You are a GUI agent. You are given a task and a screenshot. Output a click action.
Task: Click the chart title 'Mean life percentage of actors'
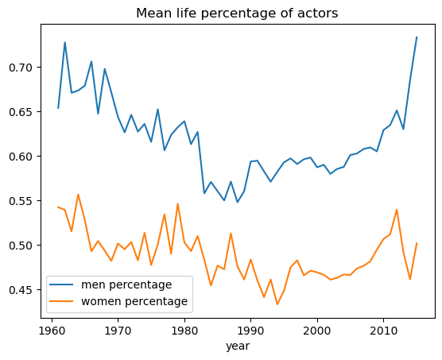click(237, 14)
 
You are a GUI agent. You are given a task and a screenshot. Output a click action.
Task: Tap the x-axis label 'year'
click(238, 346)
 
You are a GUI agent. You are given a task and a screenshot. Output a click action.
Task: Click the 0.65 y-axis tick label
click(21, 112)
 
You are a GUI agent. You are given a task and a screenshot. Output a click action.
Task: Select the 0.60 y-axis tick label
click(21, 157)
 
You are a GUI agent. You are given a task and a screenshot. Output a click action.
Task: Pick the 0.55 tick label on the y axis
click(21, 201)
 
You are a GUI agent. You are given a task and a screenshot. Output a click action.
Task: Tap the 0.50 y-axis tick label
click(21, 246)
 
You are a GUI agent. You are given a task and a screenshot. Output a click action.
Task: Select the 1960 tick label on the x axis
click(52, 331)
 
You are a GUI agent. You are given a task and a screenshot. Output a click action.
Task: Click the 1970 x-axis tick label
click(118, 331)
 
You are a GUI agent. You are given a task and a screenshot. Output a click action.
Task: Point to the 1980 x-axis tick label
click(184, 331)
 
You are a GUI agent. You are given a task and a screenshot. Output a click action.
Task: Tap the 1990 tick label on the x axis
click(251, 331)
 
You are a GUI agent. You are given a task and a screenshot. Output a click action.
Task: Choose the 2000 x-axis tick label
click(317, 331)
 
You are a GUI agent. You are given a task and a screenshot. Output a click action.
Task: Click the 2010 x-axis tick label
click(384, 331)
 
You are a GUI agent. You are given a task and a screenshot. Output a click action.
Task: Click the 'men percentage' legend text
click(126, 285)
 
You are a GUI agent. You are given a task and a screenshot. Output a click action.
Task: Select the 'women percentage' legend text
click(134, 301)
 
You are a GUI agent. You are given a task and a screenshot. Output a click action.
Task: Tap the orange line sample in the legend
click(61, 301)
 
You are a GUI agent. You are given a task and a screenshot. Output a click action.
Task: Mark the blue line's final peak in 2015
click(417, 37)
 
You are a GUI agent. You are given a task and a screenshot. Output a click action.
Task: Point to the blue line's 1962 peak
click(65, 42)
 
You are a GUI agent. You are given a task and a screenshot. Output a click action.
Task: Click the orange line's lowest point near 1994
click(277, 304)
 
